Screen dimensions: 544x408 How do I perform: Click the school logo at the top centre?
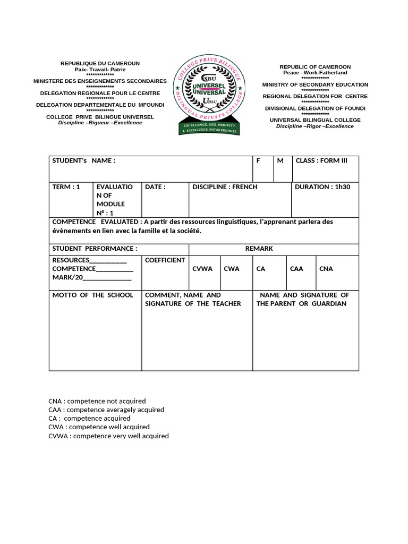point(209,96)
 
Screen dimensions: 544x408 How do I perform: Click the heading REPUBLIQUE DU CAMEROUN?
point(100,64)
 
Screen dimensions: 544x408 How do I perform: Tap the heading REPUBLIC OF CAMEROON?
point(315,67)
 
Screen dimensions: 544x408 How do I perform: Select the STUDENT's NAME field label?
point(83,161)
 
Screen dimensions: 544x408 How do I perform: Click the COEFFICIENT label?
point(165,260)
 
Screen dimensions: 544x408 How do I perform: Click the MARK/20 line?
point(92,277)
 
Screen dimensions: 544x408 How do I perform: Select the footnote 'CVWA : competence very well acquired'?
point(108,436)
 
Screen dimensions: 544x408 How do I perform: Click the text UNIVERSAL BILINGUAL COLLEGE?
point(315,120)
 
